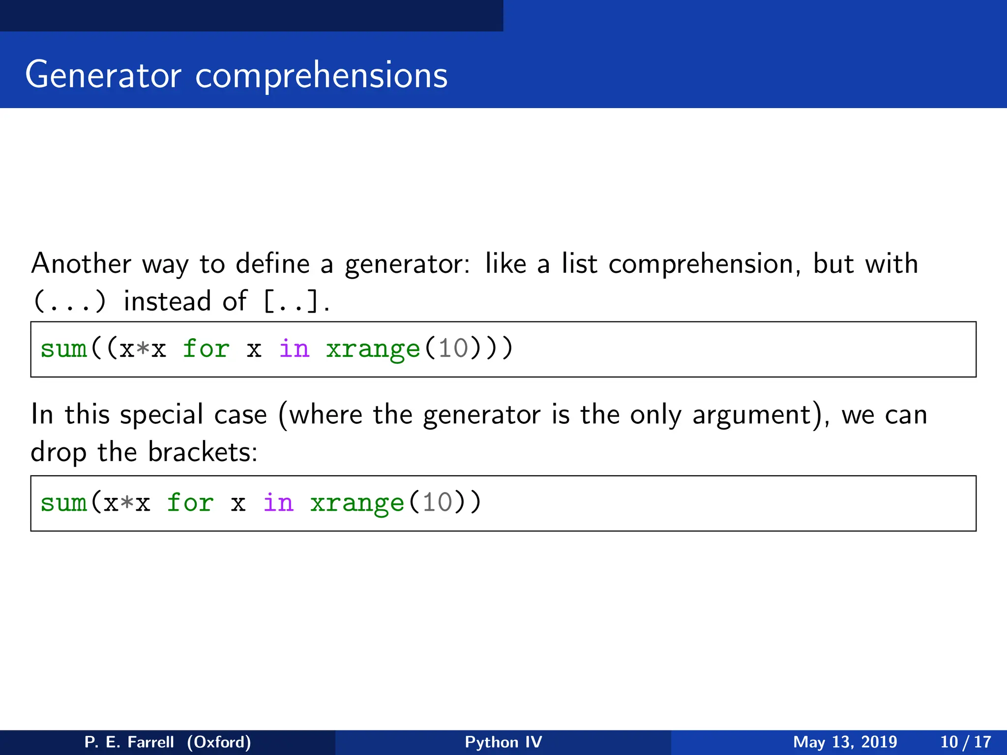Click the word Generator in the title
tap(103, 75)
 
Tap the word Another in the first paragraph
tap(81, 263)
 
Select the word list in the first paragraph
tap(579, 263)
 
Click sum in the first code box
tap(63, 349)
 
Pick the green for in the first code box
tap(206, 349)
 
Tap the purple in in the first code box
tap(294, 349)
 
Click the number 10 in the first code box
tap(453, 349)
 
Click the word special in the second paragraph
tap(161, 414)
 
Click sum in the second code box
tap(63, 503)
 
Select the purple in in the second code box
tap(278, 503)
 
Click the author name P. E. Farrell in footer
tap(129, 742)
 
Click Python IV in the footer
tap(503, 742)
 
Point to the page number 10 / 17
tap(965, 742)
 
